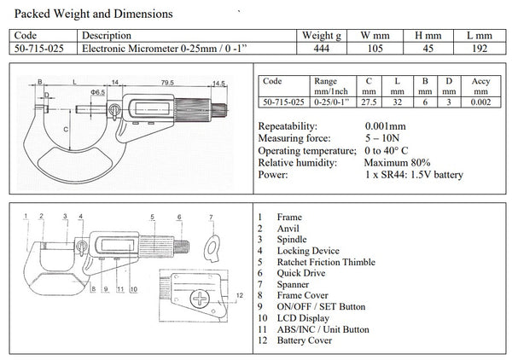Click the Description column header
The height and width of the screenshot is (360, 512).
(x=106, y=36)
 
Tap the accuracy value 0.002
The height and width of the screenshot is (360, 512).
(x=481, y=102)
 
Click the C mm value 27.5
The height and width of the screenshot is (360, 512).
(x=369, y=102)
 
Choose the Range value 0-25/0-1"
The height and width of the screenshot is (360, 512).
(x=329, y=102)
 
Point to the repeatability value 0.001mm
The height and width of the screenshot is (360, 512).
(x=387, y=127)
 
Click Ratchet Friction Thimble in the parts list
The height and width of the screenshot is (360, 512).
(x=325, y=261)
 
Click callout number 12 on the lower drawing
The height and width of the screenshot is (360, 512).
(x=239, y=294)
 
